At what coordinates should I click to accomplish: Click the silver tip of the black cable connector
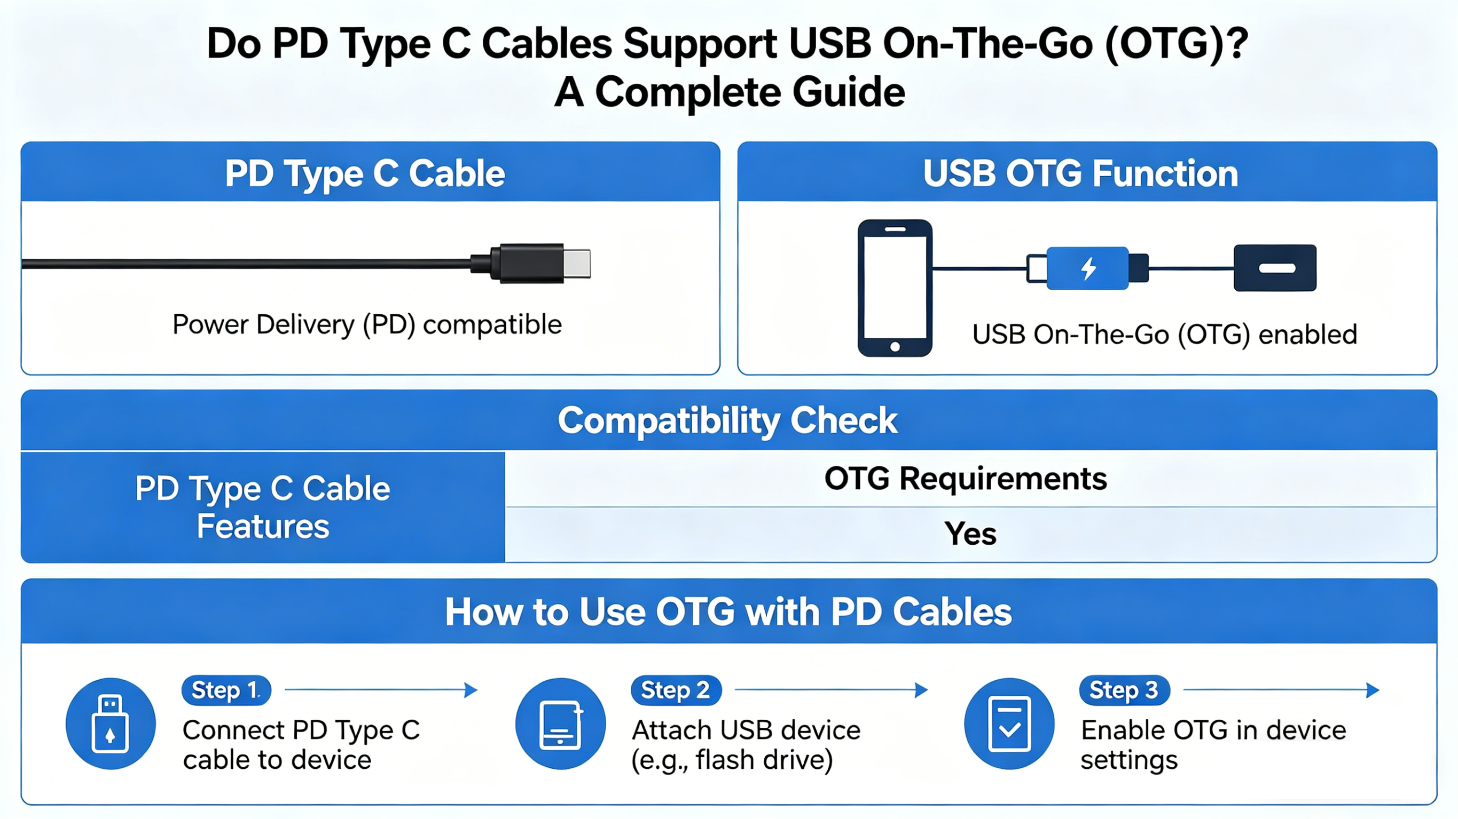(x=577, y=264)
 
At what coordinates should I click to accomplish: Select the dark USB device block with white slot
(x=1275, y=268)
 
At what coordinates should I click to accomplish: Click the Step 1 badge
(x=226, y=690)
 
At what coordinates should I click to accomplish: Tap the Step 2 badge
(x=675, y=690)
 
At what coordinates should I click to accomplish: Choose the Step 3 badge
(x=1124, y=690)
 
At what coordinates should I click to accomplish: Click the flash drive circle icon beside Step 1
(x=111, y=724)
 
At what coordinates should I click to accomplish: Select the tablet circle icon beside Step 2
(x=560, y=724)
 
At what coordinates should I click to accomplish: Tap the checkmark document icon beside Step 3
(x=1009, y=724)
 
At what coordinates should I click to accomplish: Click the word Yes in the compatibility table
(x=970, y=534)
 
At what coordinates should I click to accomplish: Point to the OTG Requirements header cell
(x=965, y=479)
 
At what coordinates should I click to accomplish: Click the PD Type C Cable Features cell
(x=263, y=507)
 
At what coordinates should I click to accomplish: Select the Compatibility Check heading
(x=727, y=420)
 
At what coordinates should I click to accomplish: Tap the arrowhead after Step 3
(x=1372, y=690)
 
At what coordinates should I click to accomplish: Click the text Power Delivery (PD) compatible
(x=367, y=324)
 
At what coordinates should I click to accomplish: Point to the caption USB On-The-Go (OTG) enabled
(x=1164, y=335)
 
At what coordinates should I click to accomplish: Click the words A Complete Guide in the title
(x=729, y=92)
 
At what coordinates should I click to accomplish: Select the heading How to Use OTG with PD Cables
(x=728, y=612)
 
